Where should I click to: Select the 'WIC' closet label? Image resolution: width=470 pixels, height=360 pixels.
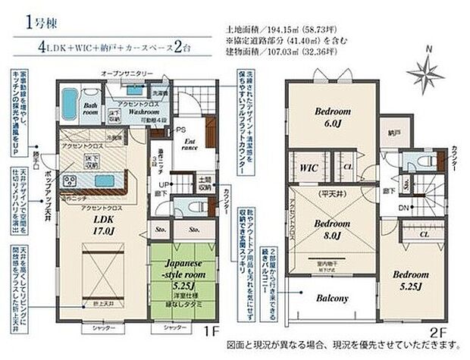point(308,165)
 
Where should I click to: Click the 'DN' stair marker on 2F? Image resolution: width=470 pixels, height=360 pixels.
point(384,206)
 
